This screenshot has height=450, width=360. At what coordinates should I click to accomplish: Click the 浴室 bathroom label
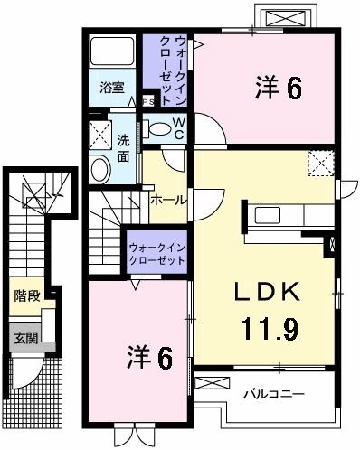point(112,89)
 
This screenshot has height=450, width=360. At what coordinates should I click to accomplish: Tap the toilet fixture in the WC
point(161,129)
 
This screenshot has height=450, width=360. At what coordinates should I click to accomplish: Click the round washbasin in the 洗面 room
point(100,168)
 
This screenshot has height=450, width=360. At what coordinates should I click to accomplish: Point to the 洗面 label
point(123,147)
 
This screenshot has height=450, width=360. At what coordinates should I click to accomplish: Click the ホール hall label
point(168,199)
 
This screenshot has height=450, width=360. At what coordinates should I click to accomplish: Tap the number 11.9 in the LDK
point(269,327)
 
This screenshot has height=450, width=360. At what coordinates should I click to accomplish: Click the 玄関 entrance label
point(25,339)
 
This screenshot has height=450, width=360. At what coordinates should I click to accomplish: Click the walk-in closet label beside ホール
point(156,252)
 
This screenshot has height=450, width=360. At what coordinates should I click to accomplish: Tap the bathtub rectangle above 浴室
point(112,53)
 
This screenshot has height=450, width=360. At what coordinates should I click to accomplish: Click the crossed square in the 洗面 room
point(99,135)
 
